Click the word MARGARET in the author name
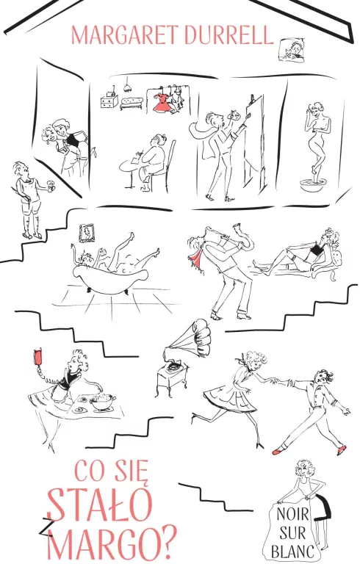125,35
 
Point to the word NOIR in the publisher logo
292,514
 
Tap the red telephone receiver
37,357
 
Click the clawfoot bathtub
109,276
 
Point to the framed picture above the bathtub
87,233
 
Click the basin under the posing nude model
311,185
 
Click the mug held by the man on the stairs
51,185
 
